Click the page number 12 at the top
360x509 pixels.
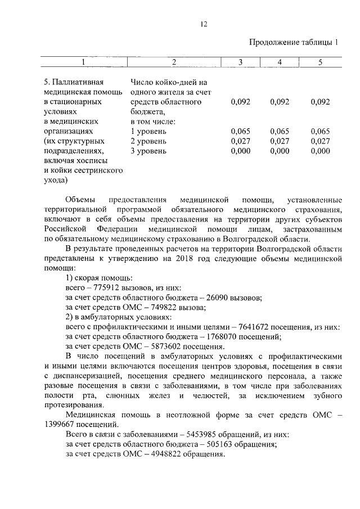pos(204,24)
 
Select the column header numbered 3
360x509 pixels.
pos(240,62)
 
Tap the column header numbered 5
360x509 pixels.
pos(319,62)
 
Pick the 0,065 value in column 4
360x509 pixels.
pos(280,131)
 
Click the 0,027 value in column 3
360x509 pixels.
pos(240,141)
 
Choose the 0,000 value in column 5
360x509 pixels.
pos(319,151)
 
